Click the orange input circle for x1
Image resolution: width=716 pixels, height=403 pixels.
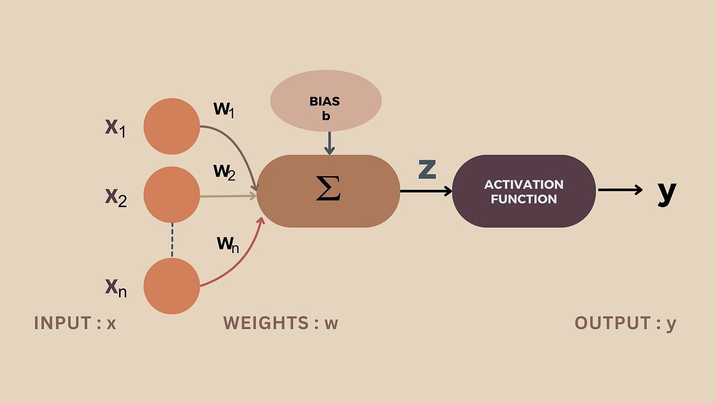tap(172, 125)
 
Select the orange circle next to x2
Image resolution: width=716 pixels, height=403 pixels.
tap(172, 195)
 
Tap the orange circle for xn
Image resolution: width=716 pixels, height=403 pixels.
tap(172, 286)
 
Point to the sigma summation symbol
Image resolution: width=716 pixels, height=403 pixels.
tap(328, 191)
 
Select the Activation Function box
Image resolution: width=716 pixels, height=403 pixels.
tap(524, 191)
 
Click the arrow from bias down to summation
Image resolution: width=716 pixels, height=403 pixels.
tap(328, 144)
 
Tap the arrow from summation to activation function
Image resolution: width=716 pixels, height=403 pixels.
tap(426, 191)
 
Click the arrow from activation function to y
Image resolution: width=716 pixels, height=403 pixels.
tap(621, 190)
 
